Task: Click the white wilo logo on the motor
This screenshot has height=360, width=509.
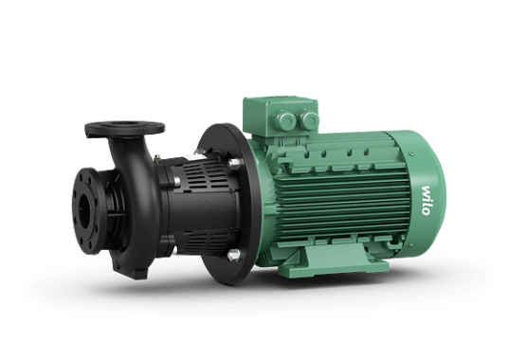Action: tap(426, 201)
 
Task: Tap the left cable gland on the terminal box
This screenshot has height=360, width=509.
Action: tap(284, 119)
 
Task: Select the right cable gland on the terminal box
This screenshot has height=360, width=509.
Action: tap(308, 119)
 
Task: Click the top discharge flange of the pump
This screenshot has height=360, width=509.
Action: tap(125, 129)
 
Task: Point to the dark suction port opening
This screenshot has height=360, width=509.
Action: tap(84, 211)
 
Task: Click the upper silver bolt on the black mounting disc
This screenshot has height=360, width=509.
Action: tap(234, 163)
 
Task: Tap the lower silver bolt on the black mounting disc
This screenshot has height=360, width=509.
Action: tap(234, 255)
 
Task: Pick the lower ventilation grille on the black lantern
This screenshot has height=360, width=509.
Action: tap(201, 242)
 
